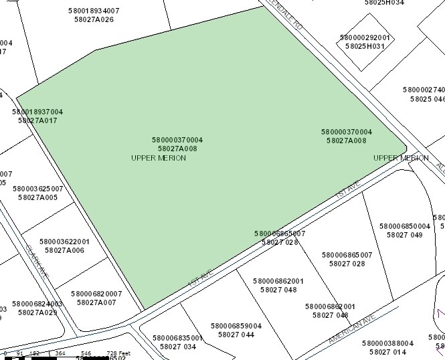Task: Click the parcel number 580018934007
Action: [94, 11]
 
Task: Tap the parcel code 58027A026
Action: [94, 19]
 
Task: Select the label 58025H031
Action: [365, 46]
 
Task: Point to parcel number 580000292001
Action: [365, 37]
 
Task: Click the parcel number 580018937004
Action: [37, 112]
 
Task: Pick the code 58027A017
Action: [37, 120]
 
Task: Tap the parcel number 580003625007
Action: [37, 189]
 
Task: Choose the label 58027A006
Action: [64, 250]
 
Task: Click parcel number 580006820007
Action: [96, 294]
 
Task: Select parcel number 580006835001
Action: [177, 338]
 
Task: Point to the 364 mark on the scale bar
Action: [60, 353]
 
